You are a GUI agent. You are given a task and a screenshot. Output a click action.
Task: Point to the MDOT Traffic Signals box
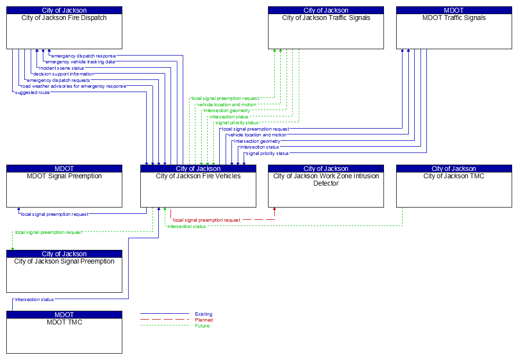click(454, 31)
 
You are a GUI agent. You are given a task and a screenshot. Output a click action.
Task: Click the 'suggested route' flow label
click(32, 93)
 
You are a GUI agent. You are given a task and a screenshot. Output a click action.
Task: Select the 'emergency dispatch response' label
click(84, 56)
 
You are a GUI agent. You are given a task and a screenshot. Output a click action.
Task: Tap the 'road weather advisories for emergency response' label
click(74, 86)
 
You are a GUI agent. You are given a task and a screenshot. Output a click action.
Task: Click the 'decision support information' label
click(63, 74)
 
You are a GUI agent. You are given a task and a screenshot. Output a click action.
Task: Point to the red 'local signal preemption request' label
click(207, 220)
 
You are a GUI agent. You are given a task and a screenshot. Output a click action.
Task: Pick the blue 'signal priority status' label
click(268, 153)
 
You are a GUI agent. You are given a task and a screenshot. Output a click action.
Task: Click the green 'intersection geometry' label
click(227, 111)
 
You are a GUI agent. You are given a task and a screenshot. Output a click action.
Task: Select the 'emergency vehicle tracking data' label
click(80, 62)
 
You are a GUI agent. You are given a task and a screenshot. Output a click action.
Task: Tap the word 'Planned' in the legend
click(204, 320)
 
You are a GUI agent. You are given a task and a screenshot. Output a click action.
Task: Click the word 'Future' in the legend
click(202, 326)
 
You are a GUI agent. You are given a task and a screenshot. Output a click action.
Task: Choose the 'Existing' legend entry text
click(204, 314)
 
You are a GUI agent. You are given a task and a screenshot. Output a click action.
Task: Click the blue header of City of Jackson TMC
click(454, 169)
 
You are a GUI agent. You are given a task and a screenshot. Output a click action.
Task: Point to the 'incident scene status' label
click(61, 68)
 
